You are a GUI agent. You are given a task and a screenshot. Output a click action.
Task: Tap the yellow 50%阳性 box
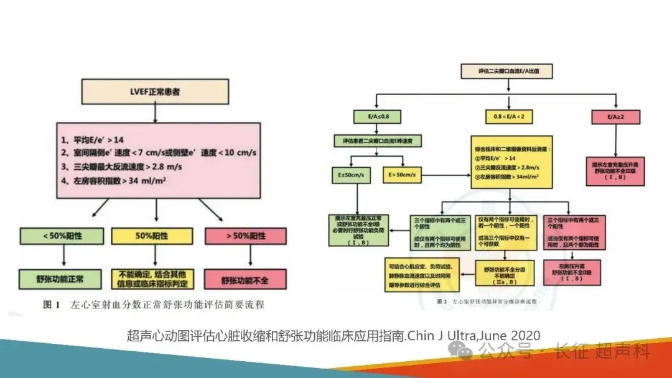(x=152, y=236)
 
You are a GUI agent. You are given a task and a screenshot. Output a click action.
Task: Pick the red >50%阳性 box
(x=245, y=236)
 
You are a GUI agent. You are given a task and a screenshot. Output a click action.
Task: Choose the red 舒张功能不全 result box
(x=245, y=279)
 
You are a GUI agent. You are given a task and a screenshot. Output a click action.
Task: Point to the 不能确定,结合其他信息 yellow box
(x=152, y=279)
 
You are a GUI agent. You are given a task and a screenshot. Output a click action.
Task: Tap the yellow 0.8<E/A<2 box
(x=510, y=116)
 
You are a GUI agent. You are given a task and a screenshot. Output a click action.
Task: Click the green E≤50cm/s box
(x=352, y=176)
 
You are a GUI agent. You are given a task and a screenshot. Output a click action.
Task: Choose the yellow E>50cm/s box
(x=404, y=176)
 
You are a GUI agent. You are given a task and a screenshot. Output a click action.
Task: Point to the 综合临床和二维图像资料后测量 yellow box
(x=510, y=162)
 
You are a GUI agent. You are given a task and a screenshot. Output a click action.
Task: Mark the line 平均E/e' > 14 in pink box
(x=91, y=140)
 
